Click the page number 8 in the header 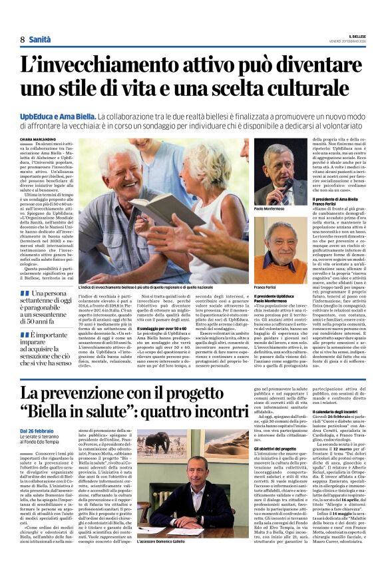click(x=22, y=40)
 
